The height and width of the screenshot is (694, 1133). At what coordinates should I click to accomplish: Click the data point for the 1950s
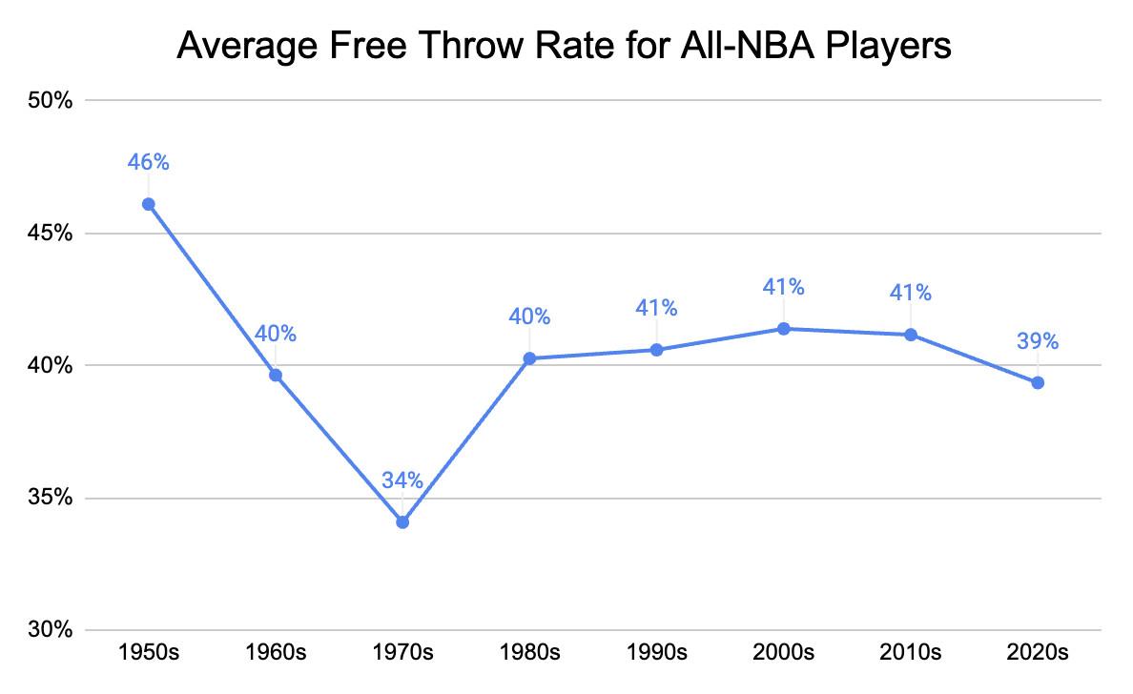[x=149, y=204]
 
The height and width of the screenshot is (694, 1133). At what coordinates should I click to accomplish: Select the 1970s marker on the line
[x=402, y=522]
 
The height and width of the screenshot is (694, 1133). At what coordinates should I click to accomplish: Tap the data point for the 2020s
[x=1038, y=382]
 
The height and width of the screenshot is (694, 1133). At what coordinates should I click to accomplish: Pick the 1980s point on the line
[x=529, y=358]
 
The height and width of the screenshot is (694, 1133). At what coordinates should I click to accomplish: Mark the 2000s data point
[x=784, y=329]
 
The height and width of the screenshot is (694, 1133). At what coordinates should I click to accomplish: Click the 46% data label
[x=149, y=162]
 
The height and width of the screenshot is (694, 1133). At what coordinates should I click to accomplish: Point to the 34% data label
[x=402, y=480]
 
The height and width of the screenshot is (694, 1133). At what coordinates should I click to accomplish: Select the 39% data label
[x=1038, y=341]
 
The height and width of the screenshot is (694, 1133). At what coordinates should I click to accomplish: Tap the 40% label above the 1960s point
[x=276, y=334]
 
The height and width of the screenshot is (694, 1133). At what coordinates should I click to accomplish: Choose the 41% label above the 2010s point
[x=911, y=293]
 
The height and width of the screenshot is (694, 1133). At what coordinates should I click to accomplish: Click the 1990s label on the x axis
[x=656, y=653]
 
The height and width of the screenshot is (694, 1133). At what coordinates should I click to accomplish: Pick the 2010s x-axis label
[x=911, y=653]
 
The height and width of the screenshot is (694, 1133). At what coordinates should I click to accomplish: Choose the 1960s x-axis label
[x=276, y=653]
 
